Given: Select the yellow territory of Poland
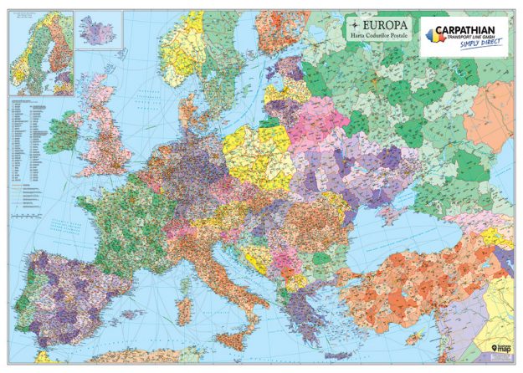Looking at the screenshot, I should (x=254, y=156).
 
